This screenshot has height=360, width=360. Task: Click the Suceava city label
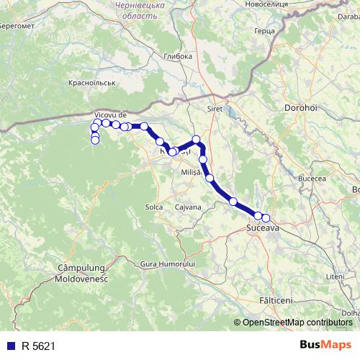click(262, 228)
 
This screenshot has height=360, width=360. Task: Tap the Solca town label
click(154, 207)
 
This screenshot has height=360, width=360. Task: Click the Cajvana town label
click(188, 207)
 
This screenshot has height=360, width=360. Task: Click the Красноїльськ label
click(91, 84)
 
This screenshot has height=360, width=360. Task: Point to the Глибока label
click(178, 56)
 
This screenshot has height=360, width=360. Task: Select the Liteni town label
click(335, 276)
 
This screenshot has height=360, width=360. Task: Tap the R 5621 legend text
click(38, 346)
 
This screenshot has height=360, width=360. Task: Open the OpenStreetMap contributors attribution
click(297, 323)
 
